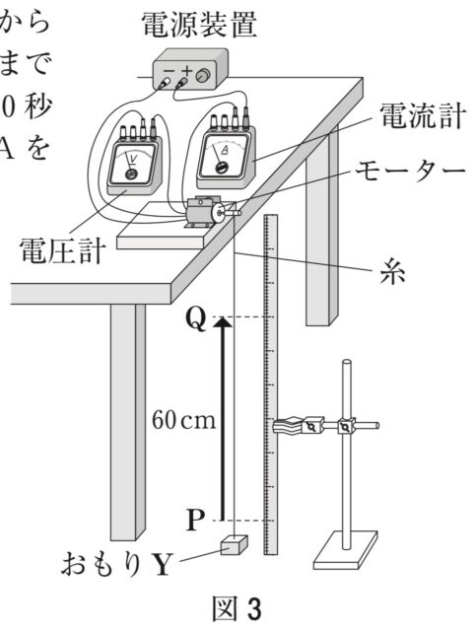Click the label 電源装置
click(203, 26)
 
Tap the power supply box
click(187, 75)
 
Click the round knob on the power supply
click(203, 75)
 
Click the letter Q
click(195, 319)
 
